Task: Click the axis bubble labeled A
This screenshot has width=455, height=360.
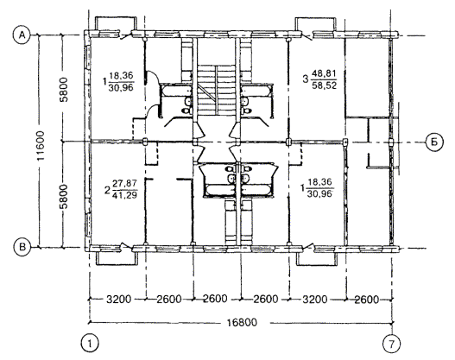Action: [22, 35]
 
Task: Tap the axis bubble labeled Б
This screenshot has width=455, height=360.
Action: [434, 142]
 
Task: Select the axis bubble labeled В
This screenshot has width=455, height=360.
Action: [22, 248]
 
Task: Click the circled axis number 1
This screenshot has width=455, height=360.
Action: [90, 344]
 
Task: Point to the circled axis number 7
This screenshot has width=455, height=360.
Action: [392, 344]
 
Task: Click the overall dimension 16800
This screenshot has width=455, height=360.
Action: [242, 322]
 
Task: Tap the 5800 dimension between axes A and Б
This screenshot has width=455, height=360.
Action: [63, 89]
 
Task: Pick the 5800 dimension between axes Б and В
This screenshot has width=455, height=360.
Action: [63, 196]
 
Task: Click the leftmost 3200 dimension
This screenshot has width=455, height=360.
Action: [118, 299]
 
